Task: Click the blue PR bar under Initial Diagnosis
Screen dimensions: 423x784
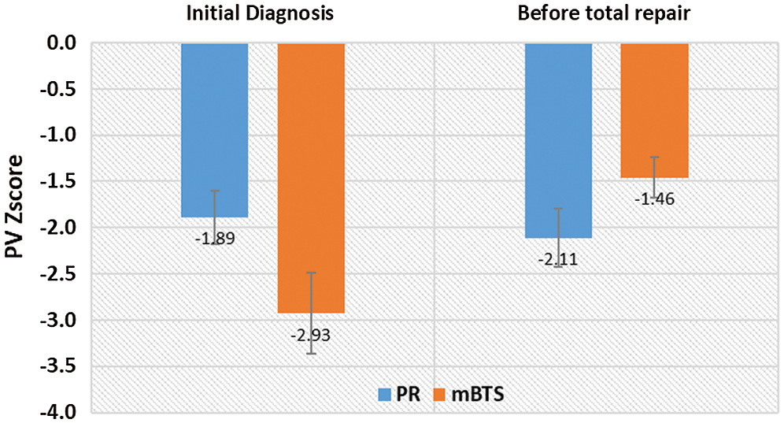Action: point(215,130)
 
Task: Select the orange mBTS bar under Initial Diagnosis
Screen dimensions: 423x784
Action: point(311,177)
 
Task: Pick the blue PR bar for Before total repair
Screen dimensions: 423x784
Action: point(558,140)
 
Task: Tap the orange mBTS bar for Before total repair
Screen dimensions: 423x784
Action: point(654,110)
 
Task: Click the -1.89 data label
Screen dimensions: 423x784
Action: point(213,237)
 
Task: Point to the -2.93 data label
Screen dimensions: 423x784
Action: point(310,335)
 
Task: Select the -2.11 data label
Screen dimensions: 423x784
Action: point(558,259)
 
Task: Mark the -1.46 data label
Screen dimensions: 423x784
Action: point(654,199)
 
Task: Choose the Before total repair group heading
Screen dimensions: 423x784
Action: point(607,13)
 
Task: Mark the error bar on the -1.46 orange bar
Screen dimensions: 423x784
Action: point(654,177)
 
